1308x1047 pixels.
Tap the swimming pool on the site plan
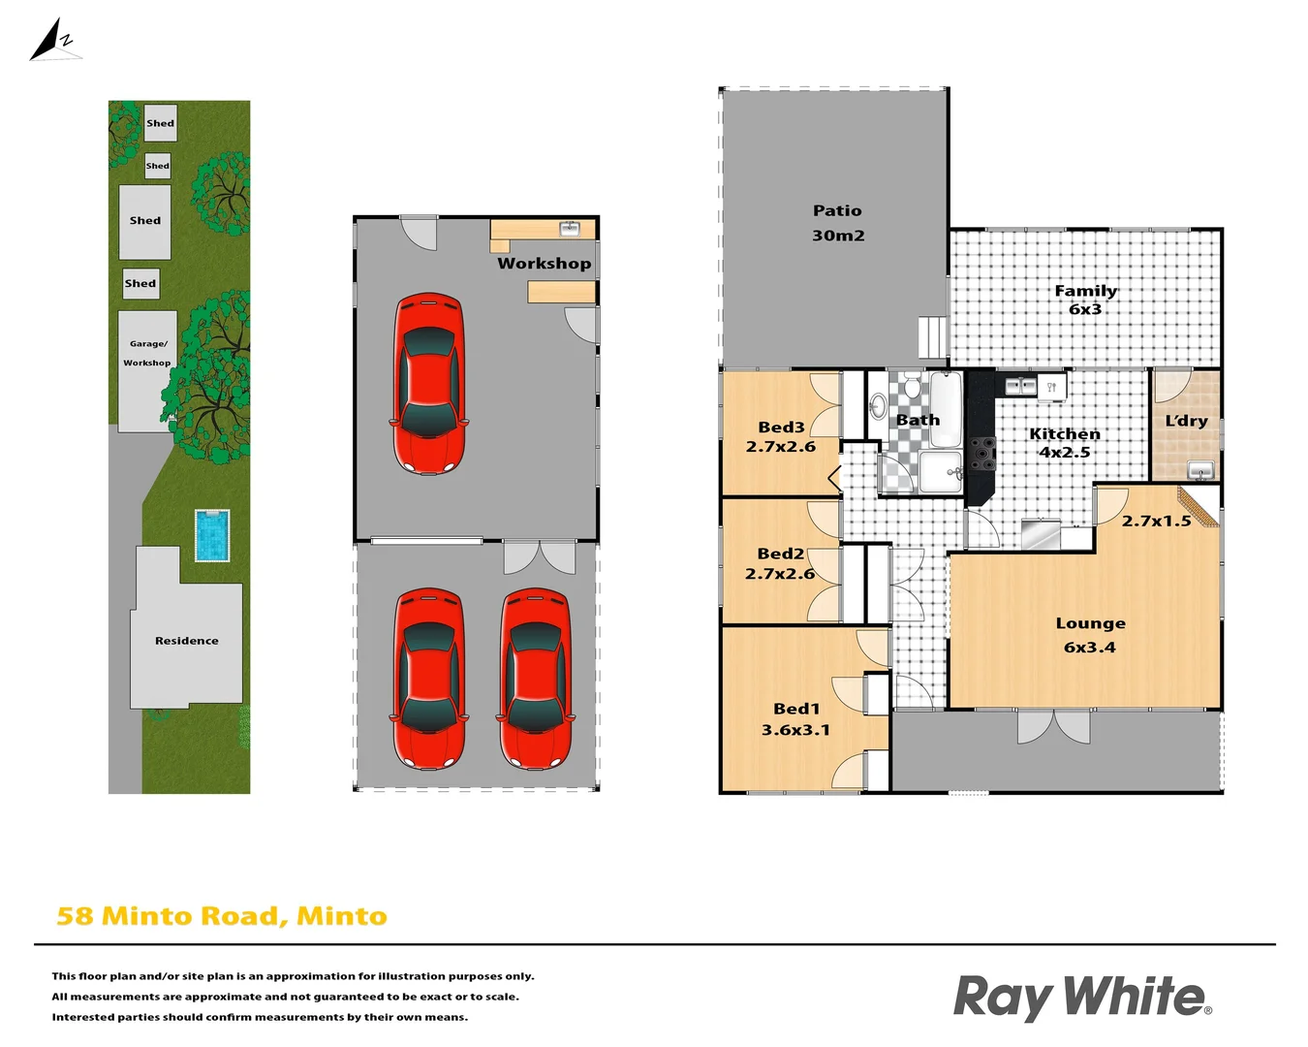click(211, 535)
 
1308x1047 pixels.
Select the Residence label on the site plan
click(186, 641)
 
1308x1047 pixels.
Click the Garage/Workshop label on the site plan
click(146, 353)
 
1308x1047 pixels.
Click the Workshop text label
click(544, 263)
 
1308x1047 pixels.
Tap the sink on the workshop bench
click(570, 228)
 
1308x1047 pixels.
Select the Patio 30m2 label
click(837, 223)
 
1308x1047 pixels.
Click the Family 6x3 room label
click(1085, 300)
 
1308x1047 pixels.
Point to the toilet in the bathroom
click(878, 406)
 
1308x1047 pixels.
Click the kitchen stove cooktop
click(982, 454)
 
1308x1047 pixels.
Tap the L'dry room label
click(1186, 421)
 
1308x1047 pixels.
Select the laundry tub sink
click(1200, 470)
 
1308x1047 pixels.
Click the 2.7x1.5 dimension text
click(1156, 521)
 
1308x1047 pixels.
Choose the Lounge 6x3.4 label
click(1090, 635)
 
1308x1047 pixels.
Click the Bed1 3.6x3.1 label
click(795, 719)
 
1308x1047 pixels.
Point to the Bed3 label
click(781, 427)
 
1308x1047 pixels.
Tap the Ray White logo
click(1081, 997)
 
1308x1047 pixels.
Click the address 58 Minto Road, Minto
click(222, 916)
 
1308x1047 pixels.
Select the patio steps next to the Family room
click(931, 338)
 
